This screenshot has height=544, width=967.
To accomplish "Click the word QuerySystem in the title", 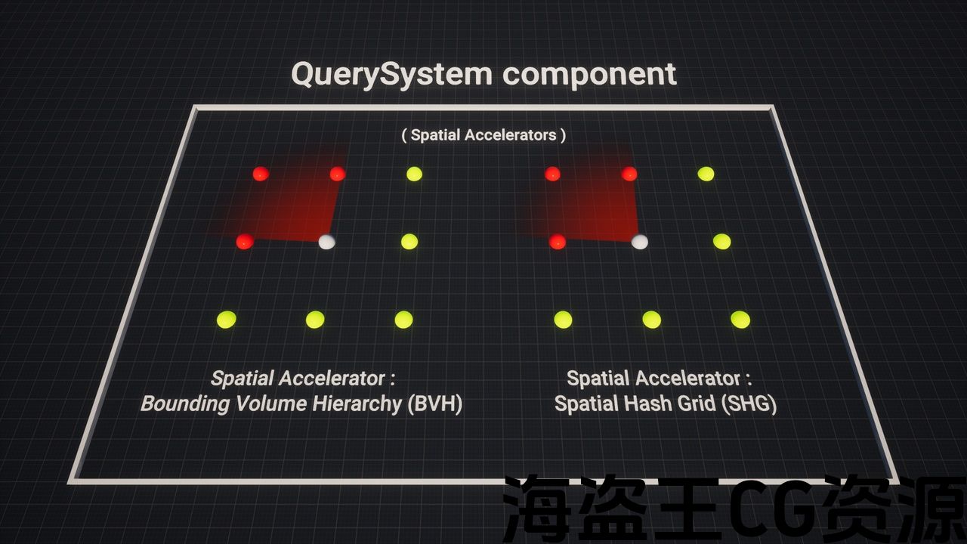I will [391, 75].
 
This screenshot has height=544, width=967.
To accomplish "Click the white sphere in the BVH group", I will [326, 242].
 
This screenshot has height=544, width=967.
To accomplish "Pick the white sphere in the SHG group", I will [639, 242].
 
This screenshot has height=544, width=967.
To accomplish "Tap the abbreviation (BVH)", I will [434, 403].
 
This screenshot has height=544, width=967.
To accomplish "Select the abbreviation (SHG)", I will [749, 403].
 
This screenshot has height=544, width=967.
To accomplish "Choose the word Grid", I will [703, 403].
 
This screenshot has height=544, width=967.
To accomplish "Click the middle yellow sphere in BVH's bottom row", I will [315, 320].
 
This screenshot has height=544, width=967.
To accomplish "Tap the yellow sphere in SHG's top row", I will [706, 174].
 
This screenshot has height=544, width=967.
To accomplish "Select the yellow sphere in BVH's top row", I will [414, 174].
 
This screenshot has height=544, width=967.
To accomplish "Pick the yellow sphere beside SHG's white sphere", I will [722, 242].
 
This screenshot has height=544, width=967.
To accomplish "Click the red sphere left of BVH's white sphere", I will [244, 242].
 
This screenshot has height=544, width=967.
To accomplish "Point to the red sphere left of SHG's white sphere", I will [558, 242].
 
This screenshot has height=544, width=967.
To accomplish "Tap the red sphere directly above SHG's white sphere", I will [629, 174].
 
